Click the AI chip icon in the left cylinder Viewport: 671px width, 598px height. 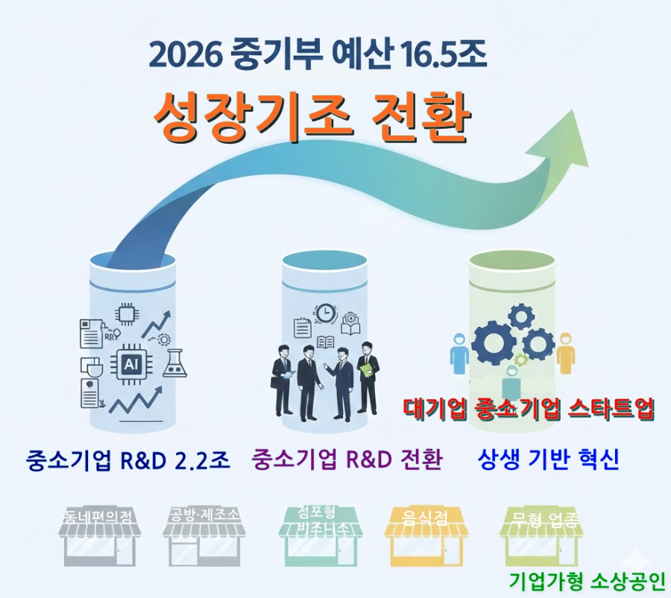tap(128, 365)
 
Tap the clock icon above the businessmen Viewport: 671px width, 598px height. tap(325, 313)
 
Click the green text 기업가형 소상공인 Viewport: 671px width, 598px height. tap(586, 580)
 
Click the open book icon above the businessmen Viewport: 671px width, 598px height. tap(326, 342)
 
